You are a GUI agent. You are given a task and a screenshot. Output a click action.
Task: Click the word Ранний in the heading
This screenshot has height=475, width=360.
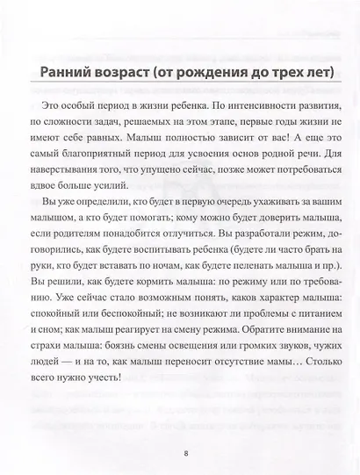(59, 73)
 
